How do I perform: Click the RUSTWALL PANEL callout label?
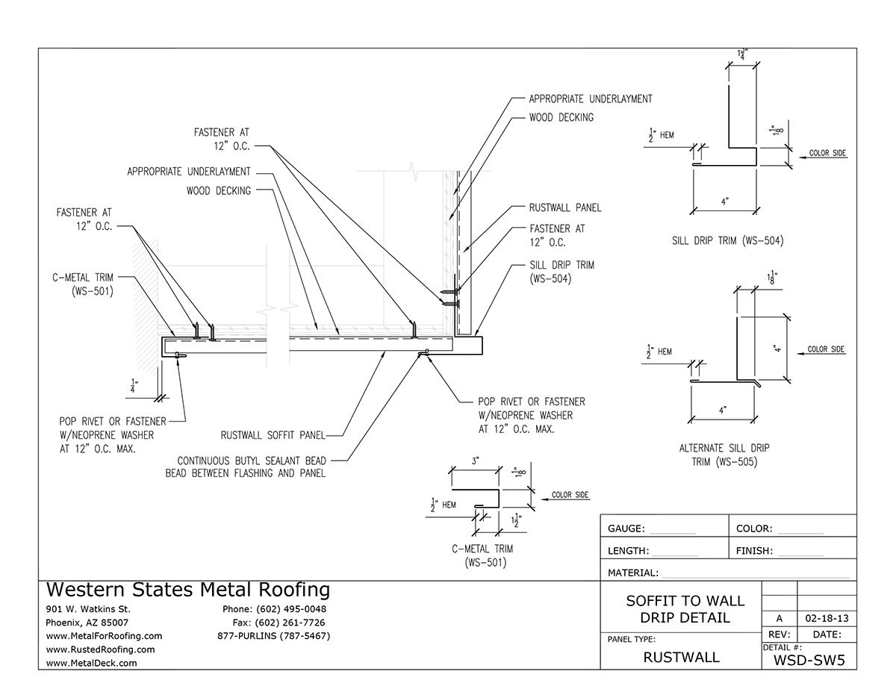click(564, 208)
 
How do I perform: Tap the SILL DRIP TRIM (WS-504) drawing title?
click(726, 240)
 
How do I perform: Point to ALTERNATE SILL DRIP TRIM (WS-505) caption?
click(724, 455)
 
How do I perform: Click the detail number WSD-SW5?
click(809, 660)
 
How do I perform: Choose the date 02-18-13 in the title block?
click(827, 619)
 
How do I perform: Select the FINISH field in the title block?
click(754, 552)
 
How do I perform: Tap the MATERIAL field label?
click(633, 573)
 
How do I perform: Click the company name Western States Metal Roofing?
click(188, 590)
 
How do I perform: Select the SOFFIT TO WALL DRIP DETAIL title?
click(685, 609)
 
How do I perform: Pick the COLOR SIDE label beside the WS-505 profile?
click(826, 349)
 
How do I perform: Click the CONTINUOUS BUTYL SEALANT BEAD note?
click(245, 467)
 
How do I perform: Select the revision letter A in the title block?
click(780, 619)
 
